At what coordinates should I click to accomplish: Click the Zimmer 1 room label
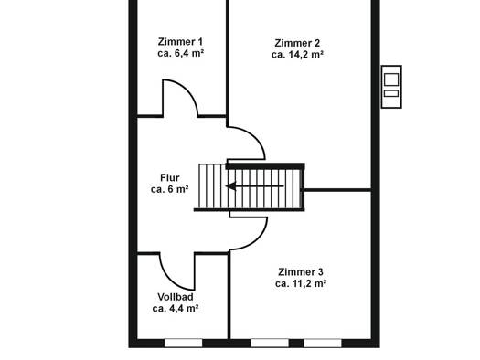(180, 42)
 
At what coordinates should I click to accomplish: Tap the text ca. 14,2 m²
(297, 55)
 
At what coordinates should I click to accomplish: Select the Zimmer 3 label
(301, 271)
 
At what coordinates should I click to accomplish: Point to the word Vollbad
(176, 297)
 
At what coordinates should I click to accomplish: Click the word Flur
(170, 177)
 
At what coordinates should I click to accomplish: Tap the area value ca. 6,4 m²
(181, 53)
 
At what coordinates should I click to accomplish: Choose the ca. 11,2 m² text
(301, 283)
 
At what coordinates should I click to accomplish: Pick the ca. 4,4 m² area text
(176, 308)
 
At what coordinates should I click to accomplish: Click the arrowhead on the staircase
(230, 186)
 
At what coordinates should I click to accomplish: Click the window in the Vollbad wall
(184, 343)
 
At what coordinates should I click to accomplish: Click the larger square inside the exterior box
(391, 79)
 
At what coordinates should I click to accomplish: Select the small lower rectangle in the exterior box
(391, 93)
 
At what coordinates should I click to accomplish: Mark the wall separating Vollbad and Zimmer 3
(229, 296)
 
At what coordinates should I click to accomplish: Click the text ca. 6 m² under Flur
(169, 189)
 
